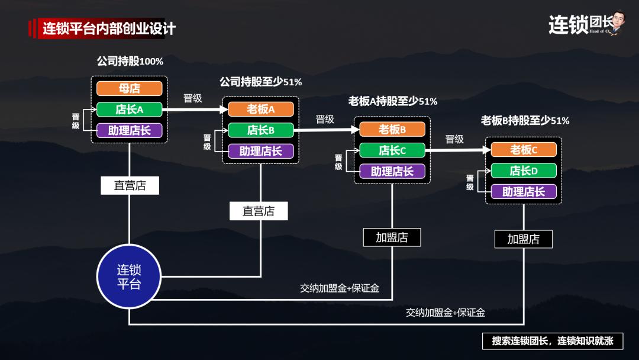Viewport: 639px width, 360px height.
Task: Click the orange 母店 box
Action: tap(129, 89)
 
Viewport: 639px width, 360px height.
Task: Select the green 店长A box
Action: tap(129, 110)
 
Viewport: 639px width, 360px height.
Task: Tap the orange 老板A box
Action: tap(260, 109)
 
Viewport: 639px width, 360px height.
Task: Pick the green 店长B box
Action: tap(260, 130)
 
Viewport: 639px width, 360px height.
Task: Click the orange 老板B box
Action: tap(392, 129)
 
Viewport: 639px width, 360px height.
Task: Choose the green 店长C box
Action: tap(392, 150)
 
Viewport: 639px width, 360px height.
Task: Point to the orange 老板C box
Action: tap(524, 150)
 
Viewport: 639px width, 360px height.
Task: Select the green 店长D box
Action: tap(524, 171)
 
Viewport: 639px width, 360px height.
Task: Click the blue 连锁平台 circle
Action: tap(129, 277)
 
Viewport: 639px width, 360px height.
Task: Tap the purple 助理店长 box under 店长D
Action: tap(524, 191)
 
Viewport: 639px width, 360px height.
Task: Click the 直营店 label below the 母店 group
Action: tap(130, 185)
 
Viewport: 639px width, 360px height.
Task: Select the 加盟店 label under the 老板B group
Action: tap(392, 237)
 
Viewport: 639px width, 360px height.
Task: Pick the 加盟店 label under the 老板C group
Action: tap(524, 239)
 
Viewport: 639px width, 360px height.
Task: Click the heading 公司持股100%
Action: tap(130, 62)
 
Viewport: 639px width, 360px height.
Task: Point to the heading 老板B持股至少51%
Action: tap(525, 121)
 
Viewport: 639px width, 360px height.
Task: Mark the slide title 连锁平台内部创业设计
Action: tap(109, 28)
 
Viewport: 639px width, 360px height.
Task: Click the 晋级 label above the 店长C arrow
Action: tap(454, 140)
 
